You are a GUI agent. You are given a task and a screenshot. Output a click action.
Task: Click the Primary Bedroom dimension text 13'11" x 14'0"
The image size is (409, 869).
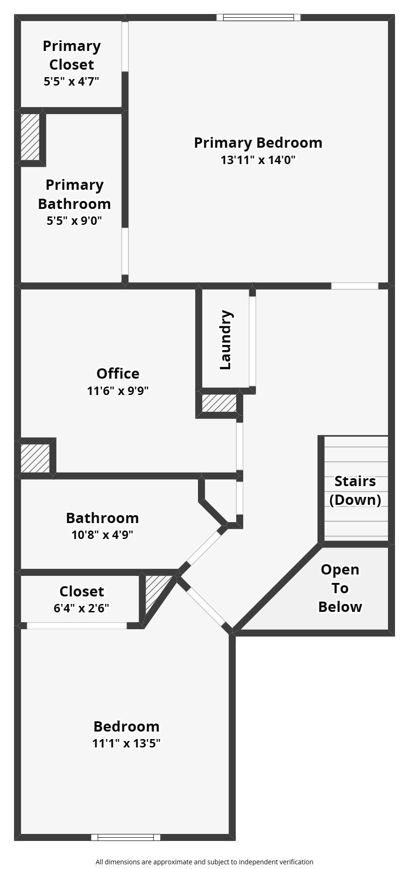tap(258, 160)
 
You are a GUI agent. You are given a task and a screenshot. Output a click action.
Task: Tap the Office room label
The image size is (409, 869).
tap(118, 373)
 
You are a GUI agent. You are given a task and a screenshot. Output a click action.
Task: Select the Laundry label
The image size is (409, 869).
tap(226, 340)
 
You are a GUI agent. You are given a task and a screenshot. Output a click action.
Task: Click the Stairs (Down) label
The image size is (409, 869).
tap(355, 490)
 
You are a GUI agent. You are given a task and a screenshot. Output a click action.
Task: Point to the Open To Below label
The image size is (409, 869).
tap(340, 588)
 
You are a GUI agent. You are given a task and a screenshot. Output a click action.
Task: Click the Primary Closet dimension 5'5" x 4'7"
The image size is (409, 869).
tap(71, 81)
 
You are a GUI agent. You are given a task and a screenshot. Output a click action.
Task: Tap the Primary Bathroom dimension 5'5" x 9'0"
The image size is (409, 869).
tap(74, 220)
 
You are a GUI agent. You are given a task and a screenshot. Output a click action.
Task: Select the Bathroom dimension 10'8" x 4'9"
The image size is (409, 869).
tap(102, 535)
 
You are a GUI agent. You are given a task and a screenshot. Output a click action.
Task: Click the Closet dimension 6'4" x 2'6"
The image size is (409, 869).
tap(82, 608)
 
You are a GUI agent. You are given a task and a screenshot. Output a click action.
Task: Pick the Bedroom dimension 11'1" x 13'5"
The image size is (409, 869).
tap(127, 743)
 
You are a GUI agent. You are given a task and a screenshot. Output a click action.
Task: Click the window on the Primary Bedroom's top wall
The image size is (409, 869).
tap(258, 18)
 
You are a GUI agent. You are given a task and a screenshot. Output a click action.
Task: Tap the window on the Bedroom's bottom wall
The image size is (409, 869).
tap(126, 837)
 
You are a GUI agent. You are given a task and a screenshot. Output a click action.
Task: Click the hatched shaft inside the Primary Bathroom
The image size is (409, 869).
tap(30, 137)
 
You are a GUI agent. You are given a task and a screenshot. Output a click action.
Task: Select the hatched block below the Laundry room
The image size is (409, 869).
tap(219, 403)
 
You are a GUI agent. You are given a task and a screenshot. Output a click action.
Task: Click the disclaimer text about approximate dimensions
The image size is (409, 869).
tap(204, 862)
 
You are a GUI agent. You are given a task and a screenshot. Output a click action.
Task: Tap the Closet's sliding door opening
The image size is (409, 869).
tap(77, 625)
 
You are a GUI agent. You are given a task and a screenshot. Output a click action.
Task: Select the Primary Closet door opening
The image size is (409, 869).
tap(125, 46)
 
